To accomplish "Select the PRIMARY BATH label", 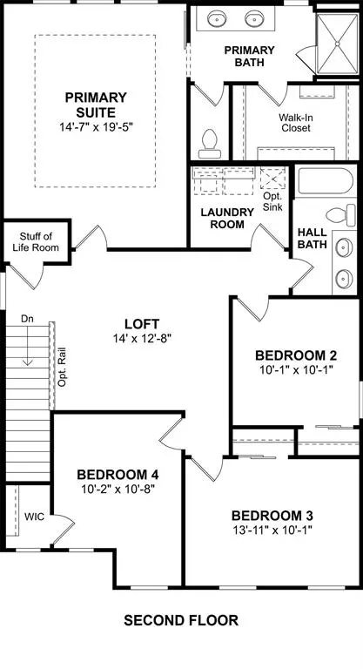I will point(250,57).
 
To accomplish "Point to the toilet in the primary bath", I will point(209,139).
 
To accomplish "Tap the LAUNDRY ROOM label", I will point(225,218).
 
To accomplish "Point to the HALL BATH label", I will point(313,239).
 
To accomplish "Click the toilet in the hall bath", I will point(339,215).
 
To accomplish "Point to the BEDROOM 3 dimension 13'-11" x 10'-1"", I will point(273,530).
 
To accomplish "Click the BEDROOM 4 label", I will point(118,474).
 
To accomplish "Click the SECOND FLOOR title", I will point(180,620).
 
